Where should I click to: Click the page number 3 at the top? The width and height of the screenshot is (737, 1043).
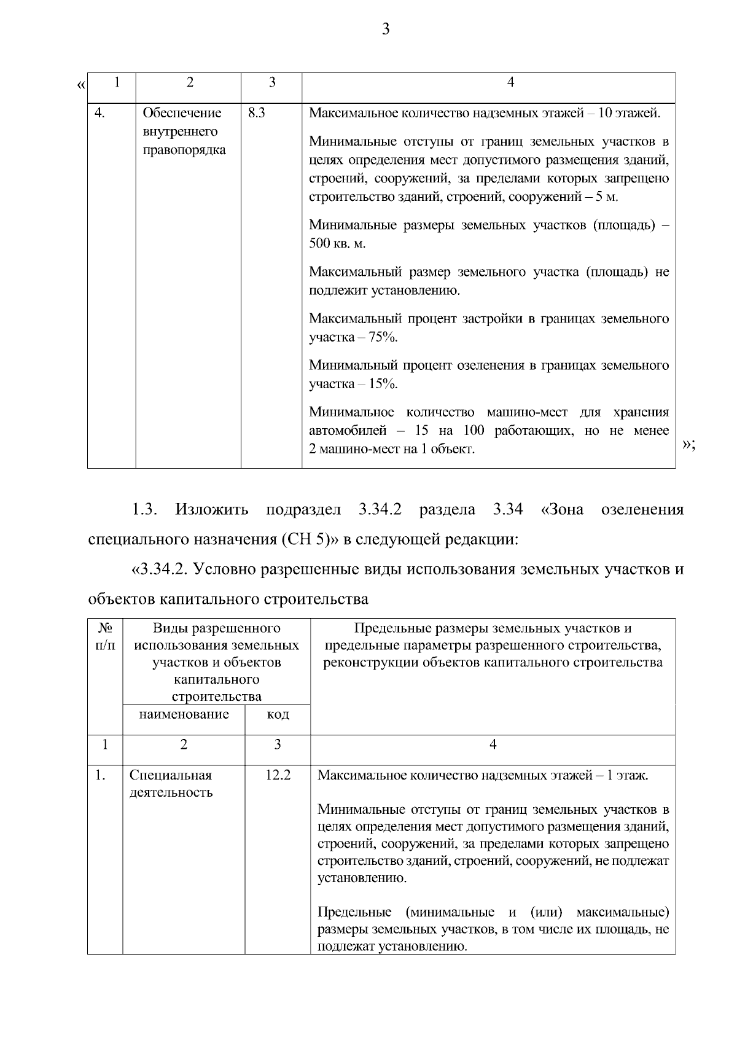click(386, 29)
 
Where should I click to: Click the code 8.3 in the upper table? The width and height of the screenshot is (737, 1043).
click(256, 113)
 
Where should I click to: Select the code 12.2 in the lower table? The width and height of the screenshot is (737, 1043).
click(278, 775)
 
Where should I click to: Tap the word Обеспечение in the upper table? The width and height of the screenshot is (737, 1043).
click(182, 113)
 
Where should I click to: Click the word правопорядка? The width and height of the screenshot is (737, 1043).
click(184, 150)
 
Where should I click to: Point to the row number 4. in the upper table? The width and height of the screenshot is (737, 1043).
click(100, 113)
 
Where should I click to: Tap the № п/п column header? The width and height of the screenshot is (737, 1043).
click(105, 637)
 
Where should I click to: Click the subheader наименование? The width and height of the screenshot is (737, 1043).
click(184, 714)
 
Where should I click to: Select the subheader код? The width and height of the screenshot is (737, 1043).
click(278, 714)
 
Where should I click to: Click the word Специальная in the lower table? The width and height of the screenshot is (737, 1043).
click(171, 775)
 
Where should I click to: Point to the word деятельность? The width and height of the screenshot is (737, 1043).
click(171, 792)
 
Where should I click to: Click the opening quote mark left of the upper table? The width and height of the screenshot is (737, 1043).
click(81, 84)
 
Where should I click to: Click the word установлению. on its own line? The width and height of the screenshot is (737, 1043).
click(362, 878)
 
